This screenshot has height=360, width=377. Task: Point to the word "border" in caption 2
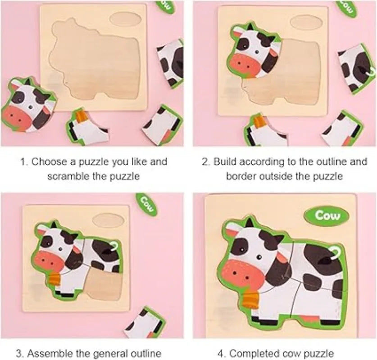tap(241, 176)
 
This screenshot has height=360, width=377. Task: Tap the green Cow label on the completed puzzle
tap(327, 215)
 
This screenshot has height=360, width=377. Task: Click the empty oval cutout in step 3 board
tap(109, 220)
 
